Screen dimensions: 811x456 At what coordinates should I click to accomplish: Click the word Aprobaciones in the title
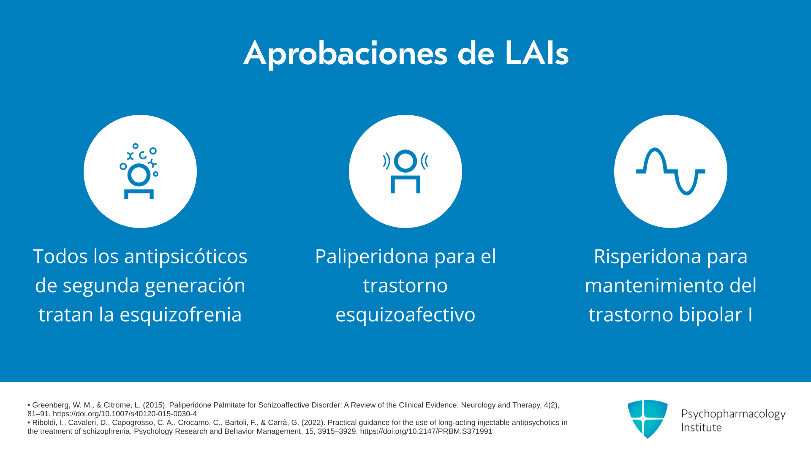pos(345,54)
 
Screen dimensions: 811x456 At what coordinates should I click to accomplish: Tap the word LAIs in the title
pos(537,53)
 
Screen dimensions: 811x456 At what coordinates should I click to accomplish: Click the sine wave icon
pos(671,171)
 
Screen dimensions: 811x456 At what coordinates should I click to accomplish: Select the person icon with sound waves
pos(405,171)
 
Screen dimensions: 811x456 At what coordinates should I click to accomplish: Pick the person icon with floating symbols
pos(139,171)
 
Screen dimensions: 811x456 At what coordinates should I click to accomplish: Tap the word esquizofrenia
pos(181,315)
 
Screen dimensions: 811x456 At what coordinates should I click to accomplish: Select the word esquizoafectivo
pos(405,315)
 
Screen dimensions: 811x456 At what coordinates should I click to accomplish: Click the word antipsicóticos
pos(186,257)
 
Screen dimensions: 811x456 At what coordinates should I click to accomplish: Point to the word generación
pos(195,286)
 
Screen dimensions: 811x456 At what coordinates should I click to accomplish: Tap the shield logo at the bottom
pos(648,419)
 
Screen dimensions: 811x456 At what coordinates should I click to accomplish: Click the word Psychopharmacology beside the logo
pos(733,414)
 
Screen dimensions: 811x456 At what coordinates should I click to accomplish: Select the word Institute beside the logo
pos(701,428)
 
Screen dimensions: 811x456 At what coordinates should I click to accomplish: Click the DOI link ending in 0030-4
pos(125,414)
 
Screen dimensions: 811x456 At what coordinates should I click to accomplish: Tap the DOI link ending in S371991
pos(426,432)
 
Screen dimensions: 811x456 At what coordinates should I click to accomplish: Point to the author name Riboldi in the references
pos(44,423)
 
